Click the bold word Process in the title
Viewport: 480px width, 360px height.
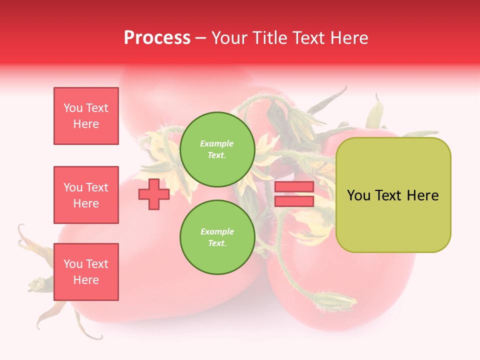click(157, 38)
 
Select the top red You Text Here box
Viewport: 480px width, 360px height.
click(86, 116)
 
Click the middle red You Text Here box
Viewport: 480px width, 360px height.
click(86, 195)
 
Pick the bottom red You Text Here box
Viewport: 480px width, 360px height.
click(86, 272)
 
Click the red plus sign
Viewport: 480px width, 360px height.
click(153, 194)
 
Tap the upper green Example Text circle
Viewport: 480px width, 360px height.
click(217, 149)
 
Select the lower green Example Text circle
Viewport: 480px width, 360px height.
click(217, 237)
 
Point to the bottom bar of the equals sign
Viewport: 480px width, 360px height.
click(294, 201)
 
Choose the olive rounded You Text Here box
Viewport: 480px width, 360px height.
click(393, 195)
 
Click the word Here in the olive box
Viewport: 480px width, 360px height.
click(422, 195)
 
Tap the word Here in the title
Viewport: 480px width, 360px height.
click(348, 38)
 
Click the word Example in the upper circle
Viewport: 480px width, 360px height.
click(217, 144)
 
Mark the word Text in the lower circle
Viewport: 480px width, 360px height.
click(216, 243)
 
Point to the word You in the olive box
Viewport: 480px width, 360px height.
click(358, 195)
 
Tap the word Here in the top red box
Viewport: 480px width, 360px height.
click(86, 124)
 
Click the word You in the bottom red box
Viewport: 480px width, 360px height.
click(73, 264)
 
